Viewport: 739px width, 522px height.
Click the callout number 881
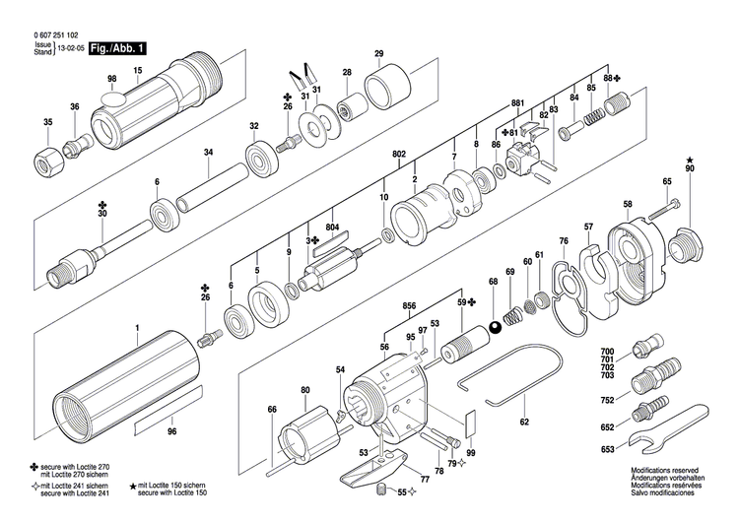click(x=517, y=103)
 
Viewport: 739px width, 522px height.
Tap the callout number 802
click(x=399, y=155)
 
